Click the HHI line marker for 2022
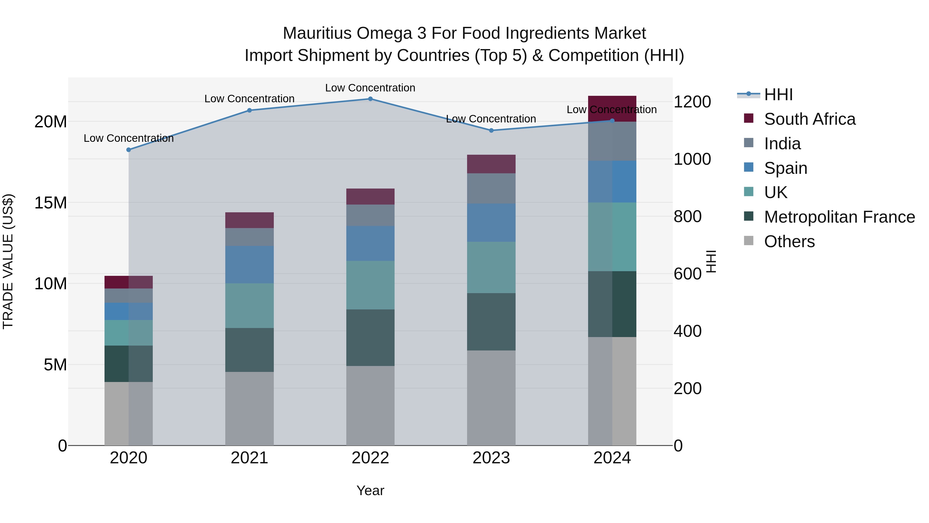click(370, 99)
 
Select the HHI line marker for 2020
click(129, 150)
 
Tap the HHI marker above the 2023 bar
click(491, 130)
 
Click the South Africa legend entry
click(809, 119)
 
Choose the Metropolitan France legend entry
click(839, 217)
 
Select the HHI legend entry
click(778, 95)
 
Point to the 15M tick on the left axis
click(51, 203)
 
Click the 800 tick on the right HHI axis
click(687, 217)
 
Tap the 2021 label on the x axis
click(249, 458)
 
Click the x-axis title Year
click(370, 490)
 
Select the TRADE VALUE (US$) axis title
click(8, 262)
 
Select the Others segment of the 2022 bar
click(370, 406)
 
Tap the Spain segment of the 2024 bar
click(612, 182)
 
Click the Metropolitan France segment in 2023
click(491, 322)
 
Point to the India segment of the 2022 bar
click(370, 215)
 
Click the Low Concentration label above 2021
click(249, 99)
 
